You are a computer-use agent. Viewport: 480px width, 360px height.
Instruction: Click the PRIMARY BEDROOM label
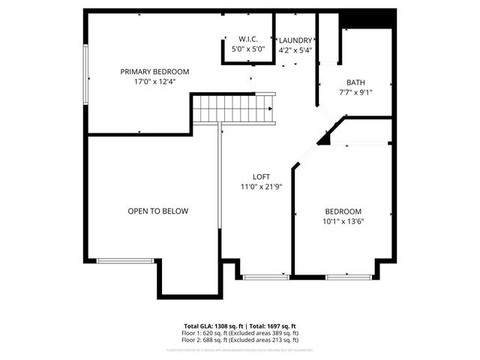pos(155,72)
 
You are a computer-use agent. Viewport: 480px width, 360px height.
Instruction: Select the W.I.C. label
pos(248,39)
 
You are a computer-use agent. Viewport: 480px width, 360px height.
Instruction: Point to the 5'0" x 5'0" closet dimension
pos(248,49)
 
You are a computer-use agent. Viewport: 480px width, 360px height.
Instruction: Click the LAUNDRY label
pos(295,41)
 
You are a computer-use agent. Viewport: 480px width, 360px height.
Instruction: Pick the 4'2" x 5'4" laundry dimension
pos(295,51)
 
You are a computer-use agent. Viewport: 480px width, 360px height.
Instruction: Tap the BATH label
pos(355,82)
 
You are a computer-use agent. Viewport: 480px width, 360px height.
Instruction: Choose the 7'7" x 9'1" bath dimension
pos(355,93)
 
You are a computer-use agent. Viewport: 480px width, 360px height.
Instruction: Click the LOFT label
pos(261,177)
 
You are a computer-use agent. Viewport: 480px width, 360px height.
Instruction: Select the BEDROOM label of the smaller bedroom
pos(343,211)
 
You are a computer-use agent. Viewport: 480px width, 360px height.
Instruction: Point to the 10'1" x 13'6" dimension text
pos(343,221)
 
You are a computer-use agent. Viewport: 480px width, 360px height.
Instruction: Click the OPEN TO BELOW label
pos(157,211)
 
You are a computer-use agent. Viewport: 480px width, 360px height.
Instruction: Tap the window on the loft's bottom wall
pos(266,277)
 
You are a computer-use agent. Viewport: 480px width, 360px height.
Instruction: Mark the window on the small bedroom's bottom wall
pos(348,277)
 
